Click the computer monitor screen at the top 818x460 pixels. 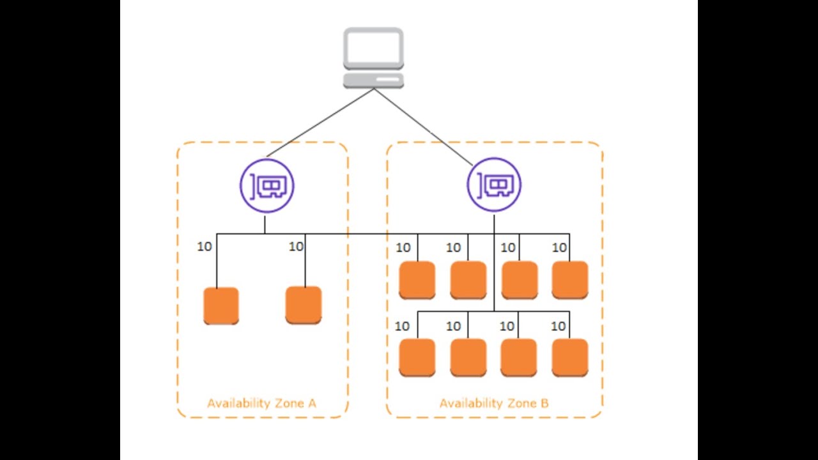click(373, 47)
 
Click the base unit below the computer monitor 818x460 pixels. click(373, 80)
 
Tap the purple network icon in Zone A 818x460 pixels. click(267, 186)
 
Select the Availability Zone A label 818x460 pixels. click(261, 403)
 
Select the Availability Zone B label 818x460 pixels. click(494, 403)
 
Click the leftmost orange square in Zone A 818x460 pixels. click(221, 305)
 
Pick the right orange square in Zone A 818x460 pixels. click(304, 305)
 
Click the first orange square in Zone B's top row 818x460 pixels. click(417, 280)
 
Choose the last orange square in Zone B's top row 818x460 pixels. click(569, 280)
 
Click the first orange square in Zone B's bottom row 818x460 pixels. click(417, 357)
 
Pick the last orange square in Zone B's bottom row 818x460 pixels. click(569, 357)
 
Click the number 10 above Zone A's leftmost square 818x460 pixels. click(204, 247)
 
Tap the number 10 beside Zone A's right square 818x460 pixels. click(296, 247)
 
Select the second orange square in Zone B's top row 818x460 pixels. click(468, 280)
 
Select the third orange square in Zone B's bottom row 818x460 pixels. click(518, 357)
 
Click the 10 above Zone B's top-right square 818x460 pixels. click(559, 247)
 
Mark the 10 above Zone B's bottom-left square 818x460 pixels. click(402, 326)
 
